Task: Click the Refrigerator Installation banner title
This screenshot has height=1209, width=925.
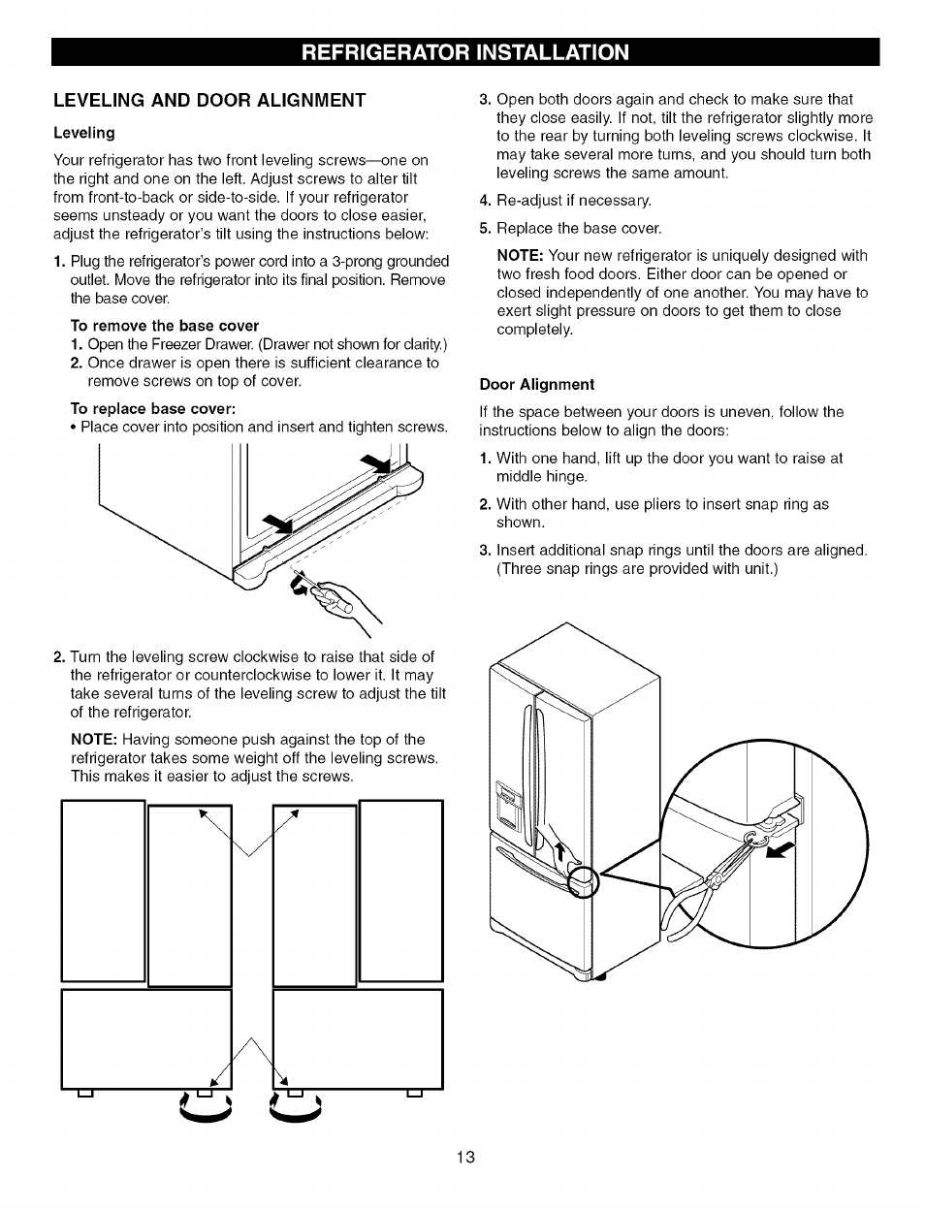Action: click(x=465, y=51)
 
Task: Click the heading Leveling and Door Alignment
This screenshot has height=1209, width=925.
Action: click(x=209, y=100)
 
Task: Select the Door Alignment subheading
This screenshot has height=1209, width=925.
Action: click(x=536, y=384)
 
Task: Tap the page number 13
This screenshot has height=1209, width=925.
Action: click(x=465, y=1157)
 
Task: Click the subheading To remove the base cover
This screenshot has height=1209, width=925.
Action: click(x=164, y=325)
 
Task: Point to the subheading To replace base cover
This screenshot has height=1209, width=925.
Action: click(x=153, y=408)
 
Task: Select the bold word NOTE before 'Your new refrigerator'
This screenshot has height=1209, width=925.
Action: click(x=520, y=255)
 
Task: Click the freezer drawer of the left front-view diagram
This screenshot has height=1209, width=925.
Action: click(x=145, y=1037)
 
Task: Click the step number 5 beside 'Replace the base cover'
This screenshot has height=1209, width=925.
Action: click(x=485, y=228)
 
